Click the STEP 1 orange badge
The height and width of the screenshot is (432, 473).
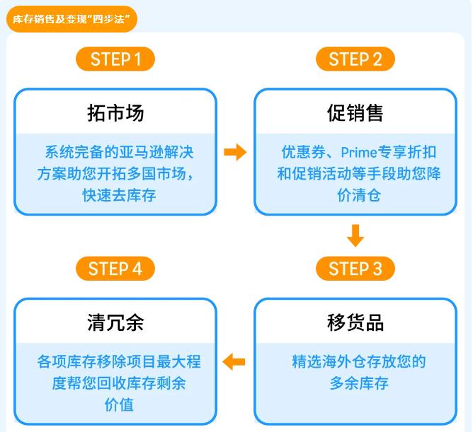pyautogui.click(x=115, y=59)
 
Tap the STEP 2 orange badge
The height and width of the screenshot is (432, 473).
pyautogui.click(x=355, y=59)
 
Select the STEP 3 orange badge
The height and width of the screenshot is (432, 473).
pyautogui.click(x=355, y=269)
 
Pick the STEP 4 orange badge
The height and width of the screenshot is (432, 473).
pyautogui.click(x=115, y=269)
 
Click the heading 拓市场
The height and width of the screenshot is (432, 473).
pyautogui.click(x=115, y=112)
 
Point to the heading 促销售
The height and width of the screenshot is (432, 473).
pyautogui.click(x=355, y=112)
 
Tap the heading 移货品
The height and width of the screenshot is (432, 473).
pyautogui.click(x=355, y=322)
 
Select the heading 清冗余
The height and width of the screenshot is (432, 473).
pyautogui.click(x=115, y=322)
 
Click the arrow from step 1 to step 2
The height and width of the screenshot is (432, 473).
pyautogui.click(x=235, y=152)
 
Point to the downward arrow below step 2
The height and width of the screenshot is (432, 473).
pyautogui.click(x=355, y=235)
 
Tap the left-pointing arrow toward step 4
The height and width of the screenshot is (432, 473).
pyautogui.click(x=234, y=362)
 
